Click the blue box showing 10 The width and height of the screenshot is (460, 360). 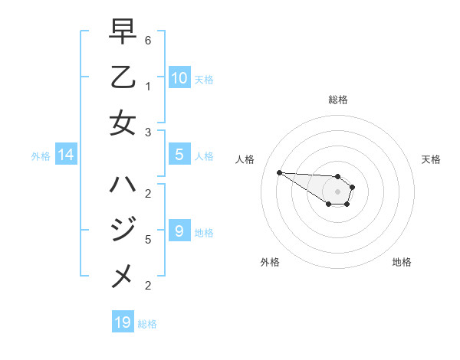[179, 77]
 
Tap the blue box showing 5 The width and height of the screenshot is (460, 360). [179, 155]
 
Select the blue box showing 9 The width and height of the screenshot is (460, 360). [179, 231]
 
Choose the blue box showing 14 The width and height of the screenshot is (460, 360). [66, 155]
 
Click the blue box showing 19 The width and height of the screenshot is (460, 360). [123, 322]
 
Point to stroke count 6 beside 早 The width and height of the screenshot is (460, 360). [148, 40]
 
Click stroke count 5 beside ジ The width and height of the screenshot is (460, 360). [148, 239]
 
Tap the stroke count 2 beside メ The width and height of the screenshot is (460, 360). [148, 286]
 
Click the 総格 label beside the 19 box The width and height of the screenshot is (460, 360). [147, 324]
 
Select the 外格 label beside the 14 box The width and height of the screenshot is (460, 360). [41, 156]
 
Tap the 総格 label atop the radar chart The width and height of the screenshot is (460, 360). [337, 100]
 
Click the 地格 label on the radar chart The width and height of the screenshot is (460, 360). [402, 262]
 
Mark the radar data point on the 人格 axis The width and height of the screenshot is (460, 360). [279, 172]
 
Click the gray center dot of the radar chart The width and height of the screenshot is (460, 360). [337, 191]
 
